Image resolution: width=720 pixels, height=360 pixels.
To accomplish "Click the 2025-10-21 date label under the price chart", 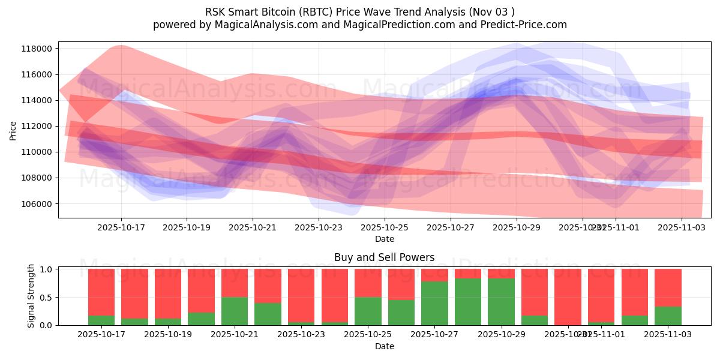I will [x=253, y=227].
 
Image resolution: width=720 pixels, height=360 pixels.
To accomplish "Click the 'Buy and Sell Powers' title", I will [x=384, y=258].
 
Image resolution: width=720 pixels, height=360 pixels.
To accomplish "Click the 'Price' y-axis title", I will [x=13, y=130].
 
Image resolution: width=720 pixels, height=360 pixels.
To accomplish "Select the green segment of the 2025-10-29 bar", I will [x=501, y=302].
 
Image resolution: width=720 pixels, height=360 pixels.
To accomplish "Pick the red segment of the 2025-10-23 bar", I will [x=301, y=295].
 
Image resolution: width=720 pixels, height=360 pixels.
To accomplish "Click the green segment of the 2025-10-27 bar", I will [x=434, y=303].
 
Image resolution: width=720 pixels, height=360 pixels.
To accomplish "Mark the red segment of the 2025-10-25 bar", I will [x=368, y=283].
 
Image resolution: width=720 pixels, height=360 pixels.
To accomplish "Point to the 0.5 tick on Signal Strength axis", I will [x=47, y=298].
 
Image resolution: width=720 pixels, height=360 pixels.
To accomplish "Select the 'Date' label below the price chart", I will [x=384, y=239].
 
